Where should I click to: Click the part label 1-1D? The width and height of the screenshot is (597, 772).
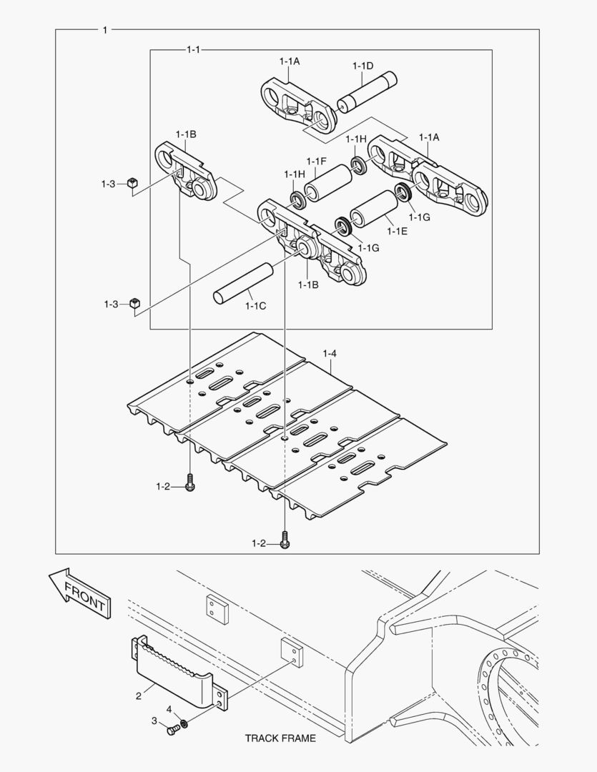pyautogui.click(x=362, y=66)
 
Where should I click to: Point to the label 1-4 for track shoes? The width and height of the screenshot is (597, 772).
pyautogui.click(x=330, y=352)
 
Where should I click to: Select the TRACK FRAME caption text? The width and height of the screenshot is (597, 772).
pyautogui.click(x=280, y=738)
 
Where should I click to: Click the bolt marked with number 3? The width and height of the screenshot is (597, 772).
pyautogui.click(x=172, y=731)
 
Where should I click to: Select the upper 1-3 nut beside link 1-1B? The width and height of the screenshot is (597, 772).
pyautogui.click(x=132, y=184)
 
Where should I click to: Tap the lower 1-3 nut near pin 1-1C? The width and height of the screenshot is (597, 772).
pyautogui.click(x=134, y=305)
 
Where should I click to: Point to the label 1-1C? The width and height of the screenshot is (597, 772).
pyautogui.click(x=255, y=306)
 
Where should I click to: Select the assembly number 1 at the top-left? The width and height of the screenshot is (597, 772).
pyautogui.click(x=105, y=30)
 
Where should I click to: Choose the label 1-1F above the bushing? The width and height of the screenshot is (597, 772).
pyautogui.click(x=316, y=161)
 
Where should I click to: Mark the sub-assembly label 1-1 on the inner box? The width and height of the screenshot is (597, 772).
pyautogui.click(x=193, y=49)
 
